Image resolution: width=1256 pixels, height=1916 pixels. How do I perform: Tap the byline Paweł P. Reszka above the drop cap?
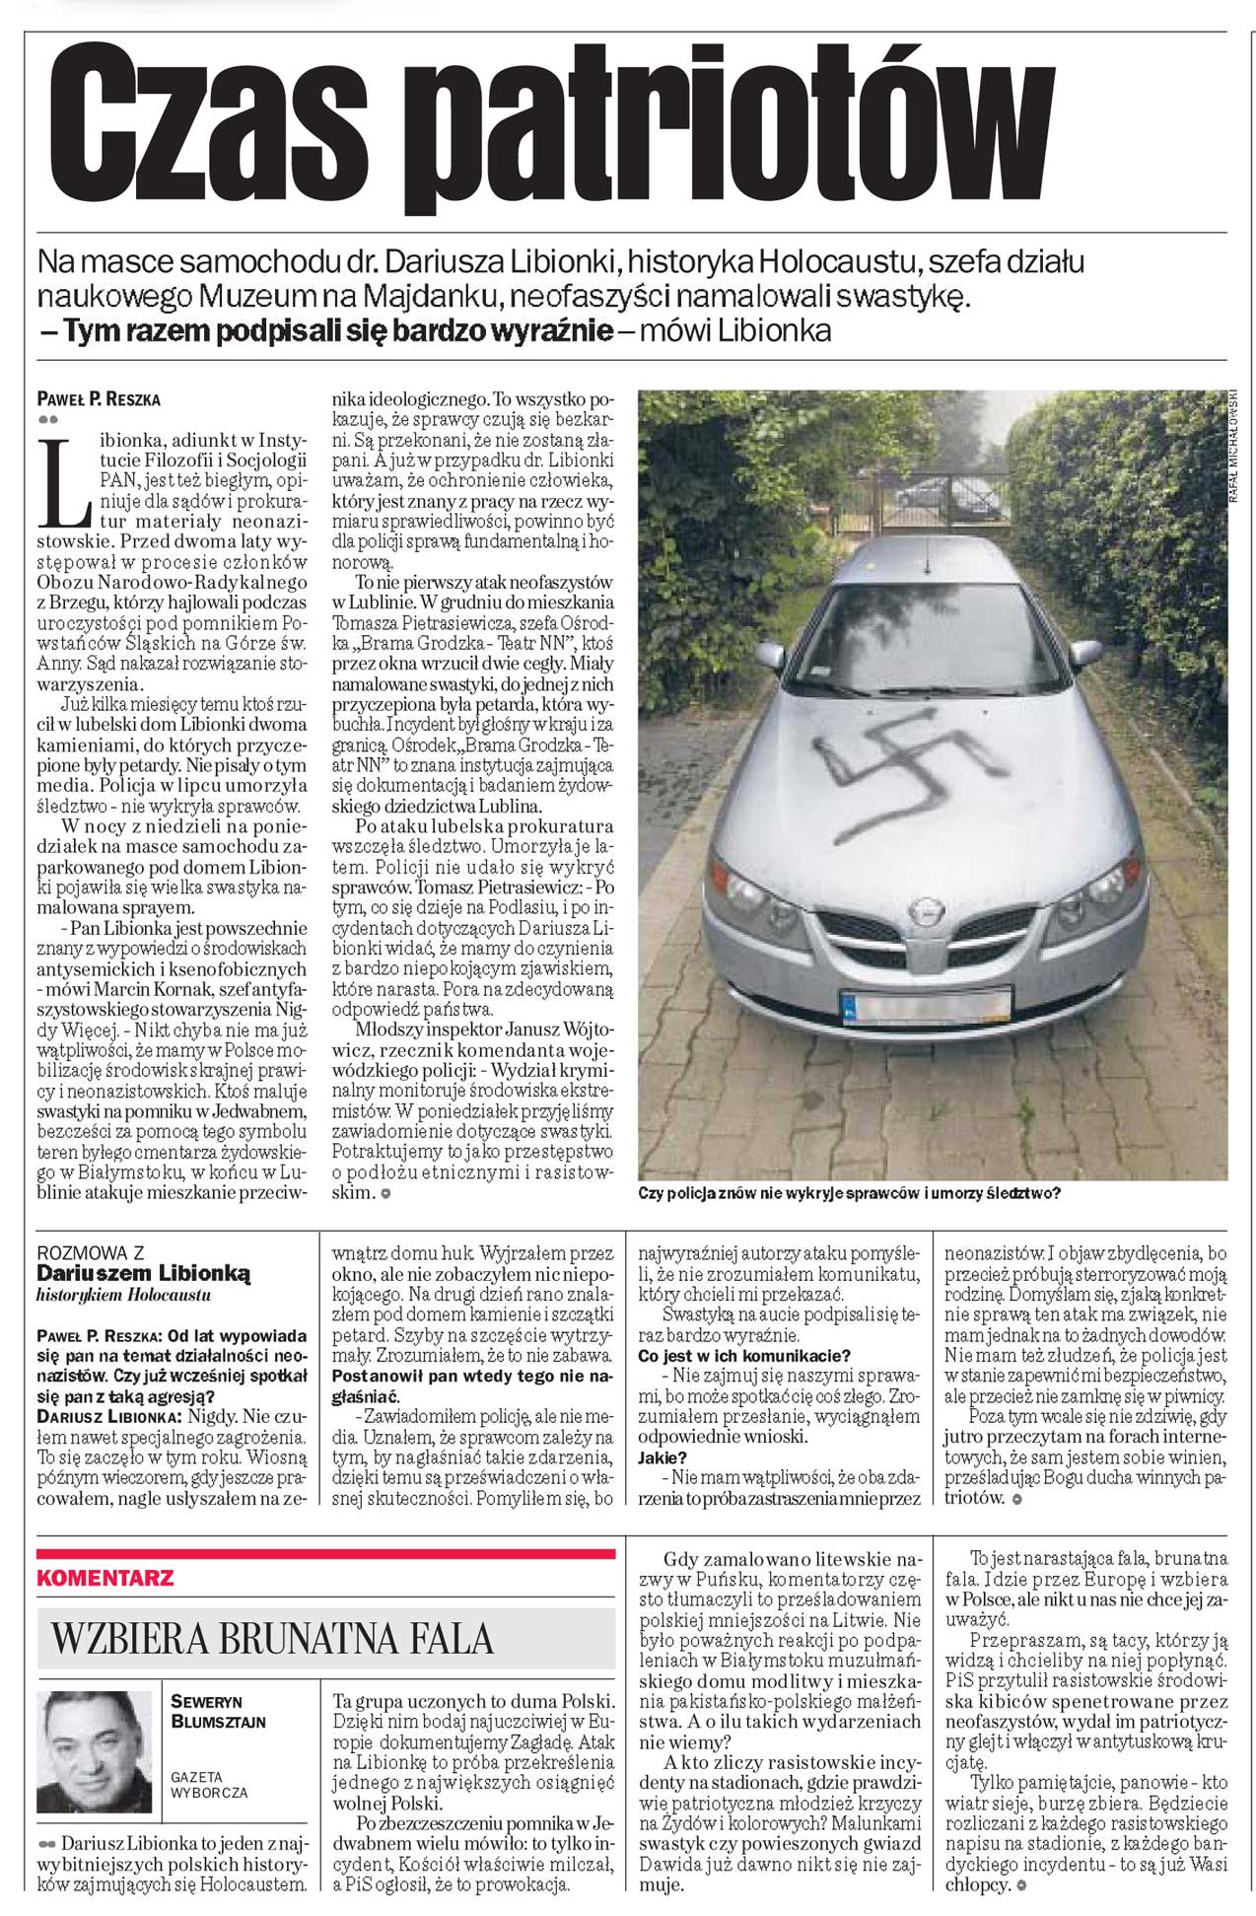[x=98, y=399]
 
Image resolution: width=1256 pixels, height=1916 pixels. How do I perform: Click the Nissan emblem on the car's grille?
[x=924, y=910]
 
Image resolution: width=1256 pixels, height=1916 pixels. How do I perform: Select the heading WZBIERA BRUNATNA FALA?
[x=271, y=1639]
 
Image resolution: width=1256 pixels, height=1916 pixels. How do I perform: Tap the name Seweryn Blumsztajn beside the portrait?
[x=218, y=1713]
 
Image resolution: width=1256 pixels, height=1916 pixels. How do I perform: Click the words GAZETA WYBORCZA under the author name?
[x=209, y=1785]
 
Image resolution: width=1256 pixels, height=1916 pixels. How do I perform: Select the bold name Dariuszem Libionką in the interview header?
[x=144, y=1274]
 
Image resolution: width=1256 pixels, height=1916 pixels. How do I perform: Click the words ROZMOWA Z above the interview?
[x=90, y=1253]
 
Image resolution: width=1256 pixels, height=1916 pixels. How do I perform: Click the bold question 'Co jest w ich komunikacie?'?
[x=744, y=1357]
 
